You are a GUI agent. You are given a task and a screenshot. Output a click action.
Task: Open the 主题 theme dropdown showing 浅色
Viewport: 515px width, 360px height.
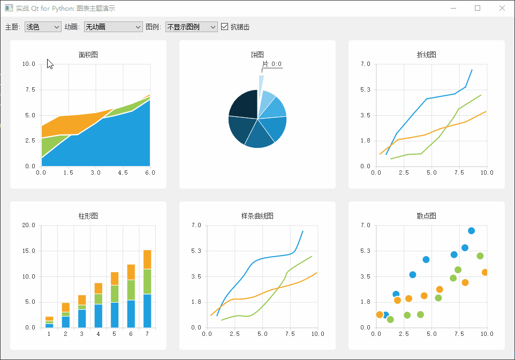point(43,27)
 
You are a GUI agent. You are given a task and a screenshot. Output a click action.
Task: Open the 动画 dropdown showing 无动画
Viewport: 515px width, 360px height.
point(113,27)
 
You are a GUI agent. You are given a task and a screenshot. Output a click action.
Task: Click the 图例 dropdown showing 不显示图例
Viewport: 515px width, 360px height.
point(191,27)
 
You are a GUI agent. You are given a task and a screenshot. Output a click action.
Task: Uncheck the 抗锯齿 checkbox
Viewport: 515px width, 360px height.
point(225,27)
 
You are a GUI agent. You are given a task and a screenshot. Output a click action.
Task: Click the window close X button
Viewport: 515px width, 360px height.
point(502,8)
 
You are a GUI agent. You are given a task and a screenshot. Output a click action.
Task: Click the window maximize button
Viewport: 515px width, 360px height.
point(478,8)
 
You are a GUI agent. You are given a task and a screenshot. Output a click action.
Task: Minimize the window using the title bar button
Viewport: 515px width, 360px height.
point(453,8)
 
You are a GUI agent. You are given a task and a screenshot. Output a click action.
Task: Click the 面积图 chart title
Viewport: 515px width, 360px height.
point(88,55)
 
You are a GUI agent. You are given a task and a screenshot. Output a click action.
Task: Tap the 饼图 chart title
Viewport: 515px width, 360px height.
point(257,55)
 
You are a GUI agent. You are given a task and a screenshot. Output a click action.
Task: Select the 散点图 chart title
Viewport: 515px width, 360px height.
point(426,216)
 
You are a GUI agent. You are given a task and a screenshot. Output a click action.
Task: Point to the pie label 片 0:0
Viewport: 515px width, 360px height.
point(272,64)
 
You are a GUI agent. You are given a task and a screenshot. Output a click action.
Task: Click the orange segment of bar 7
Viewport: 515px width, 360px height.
point(147,259)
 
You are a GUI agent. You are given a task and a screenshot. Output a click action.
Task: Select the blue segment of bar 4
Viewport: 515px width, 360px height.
point(98,316)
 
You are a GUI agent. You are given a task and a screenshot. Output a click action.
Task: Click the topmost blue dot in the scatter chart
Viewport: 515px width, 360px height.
point(471,231)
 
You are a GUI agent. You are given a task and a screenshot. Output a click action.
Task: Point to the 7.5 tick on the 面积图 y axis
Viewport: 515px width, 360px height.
point(29,90)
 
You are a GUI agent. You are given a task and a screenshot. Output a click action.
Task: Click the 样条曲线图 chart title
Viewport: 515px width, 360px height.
point(257,216)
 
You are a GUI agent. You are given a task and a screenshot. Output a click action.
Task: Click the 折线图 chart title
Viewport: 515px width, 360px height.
point(426,55)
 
